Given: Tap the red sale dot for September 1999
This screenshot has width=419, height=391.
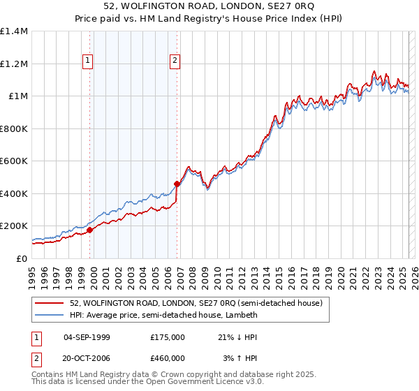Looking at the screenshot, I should pos(90,230).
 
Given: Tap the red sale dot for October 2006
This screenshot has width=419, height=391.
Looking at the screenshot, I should pos(177,184).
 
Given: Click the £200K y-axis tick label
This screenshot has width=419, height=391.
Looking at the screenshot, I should pos(13,226).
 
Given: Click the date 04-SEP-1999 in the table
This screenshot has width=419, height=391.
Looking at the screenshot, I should pos(87,337).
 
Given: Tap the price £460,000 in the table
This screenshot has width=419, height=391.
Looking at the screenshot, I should pos(167,358).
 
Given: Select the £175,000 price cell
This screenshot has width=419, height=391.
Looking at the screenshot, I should pos(167,337).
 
